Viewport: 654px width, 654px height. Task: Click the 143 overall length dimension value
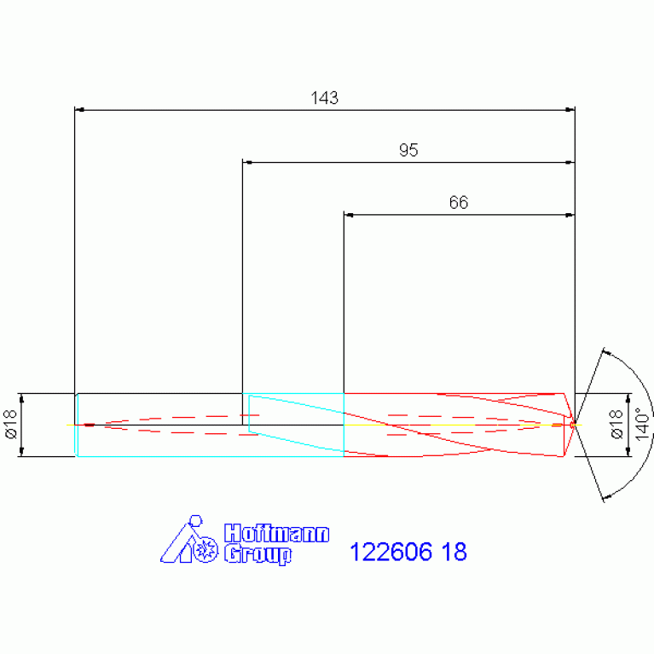coord(325,98)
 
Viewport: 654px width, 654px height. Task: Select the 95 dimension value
coord(408,150)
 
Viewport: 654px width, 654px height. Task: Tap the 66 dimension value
coord(459,203)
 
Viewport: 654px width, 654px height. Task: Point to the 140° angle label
coord(642,424)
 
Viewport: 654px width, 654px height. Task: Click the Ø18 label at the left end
coord(11,424)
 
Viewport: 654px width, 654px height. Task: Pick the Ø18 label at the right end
coord(616,424)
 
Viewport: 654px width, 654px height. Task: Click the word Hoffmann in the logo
coord(277,534)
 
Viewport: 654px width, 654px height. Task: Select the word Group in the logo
coord(258,554)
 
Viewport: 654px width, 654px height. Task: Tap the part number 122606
coord(391,552)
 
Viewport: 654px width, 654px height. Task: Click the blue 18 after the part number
coord(454,552)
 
